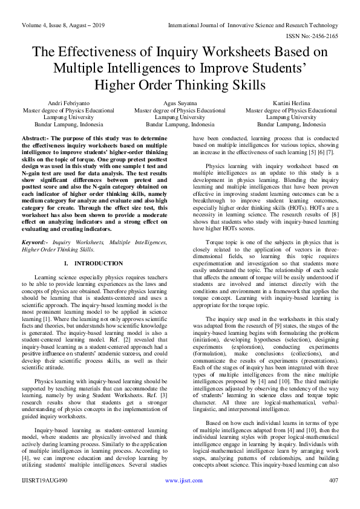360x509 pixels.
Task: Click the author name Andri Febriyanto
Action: pyautogui.click(x=60, y=103)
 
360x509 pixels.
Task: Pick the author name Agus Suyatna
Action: pyautogui.click(x=180, y=103)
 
